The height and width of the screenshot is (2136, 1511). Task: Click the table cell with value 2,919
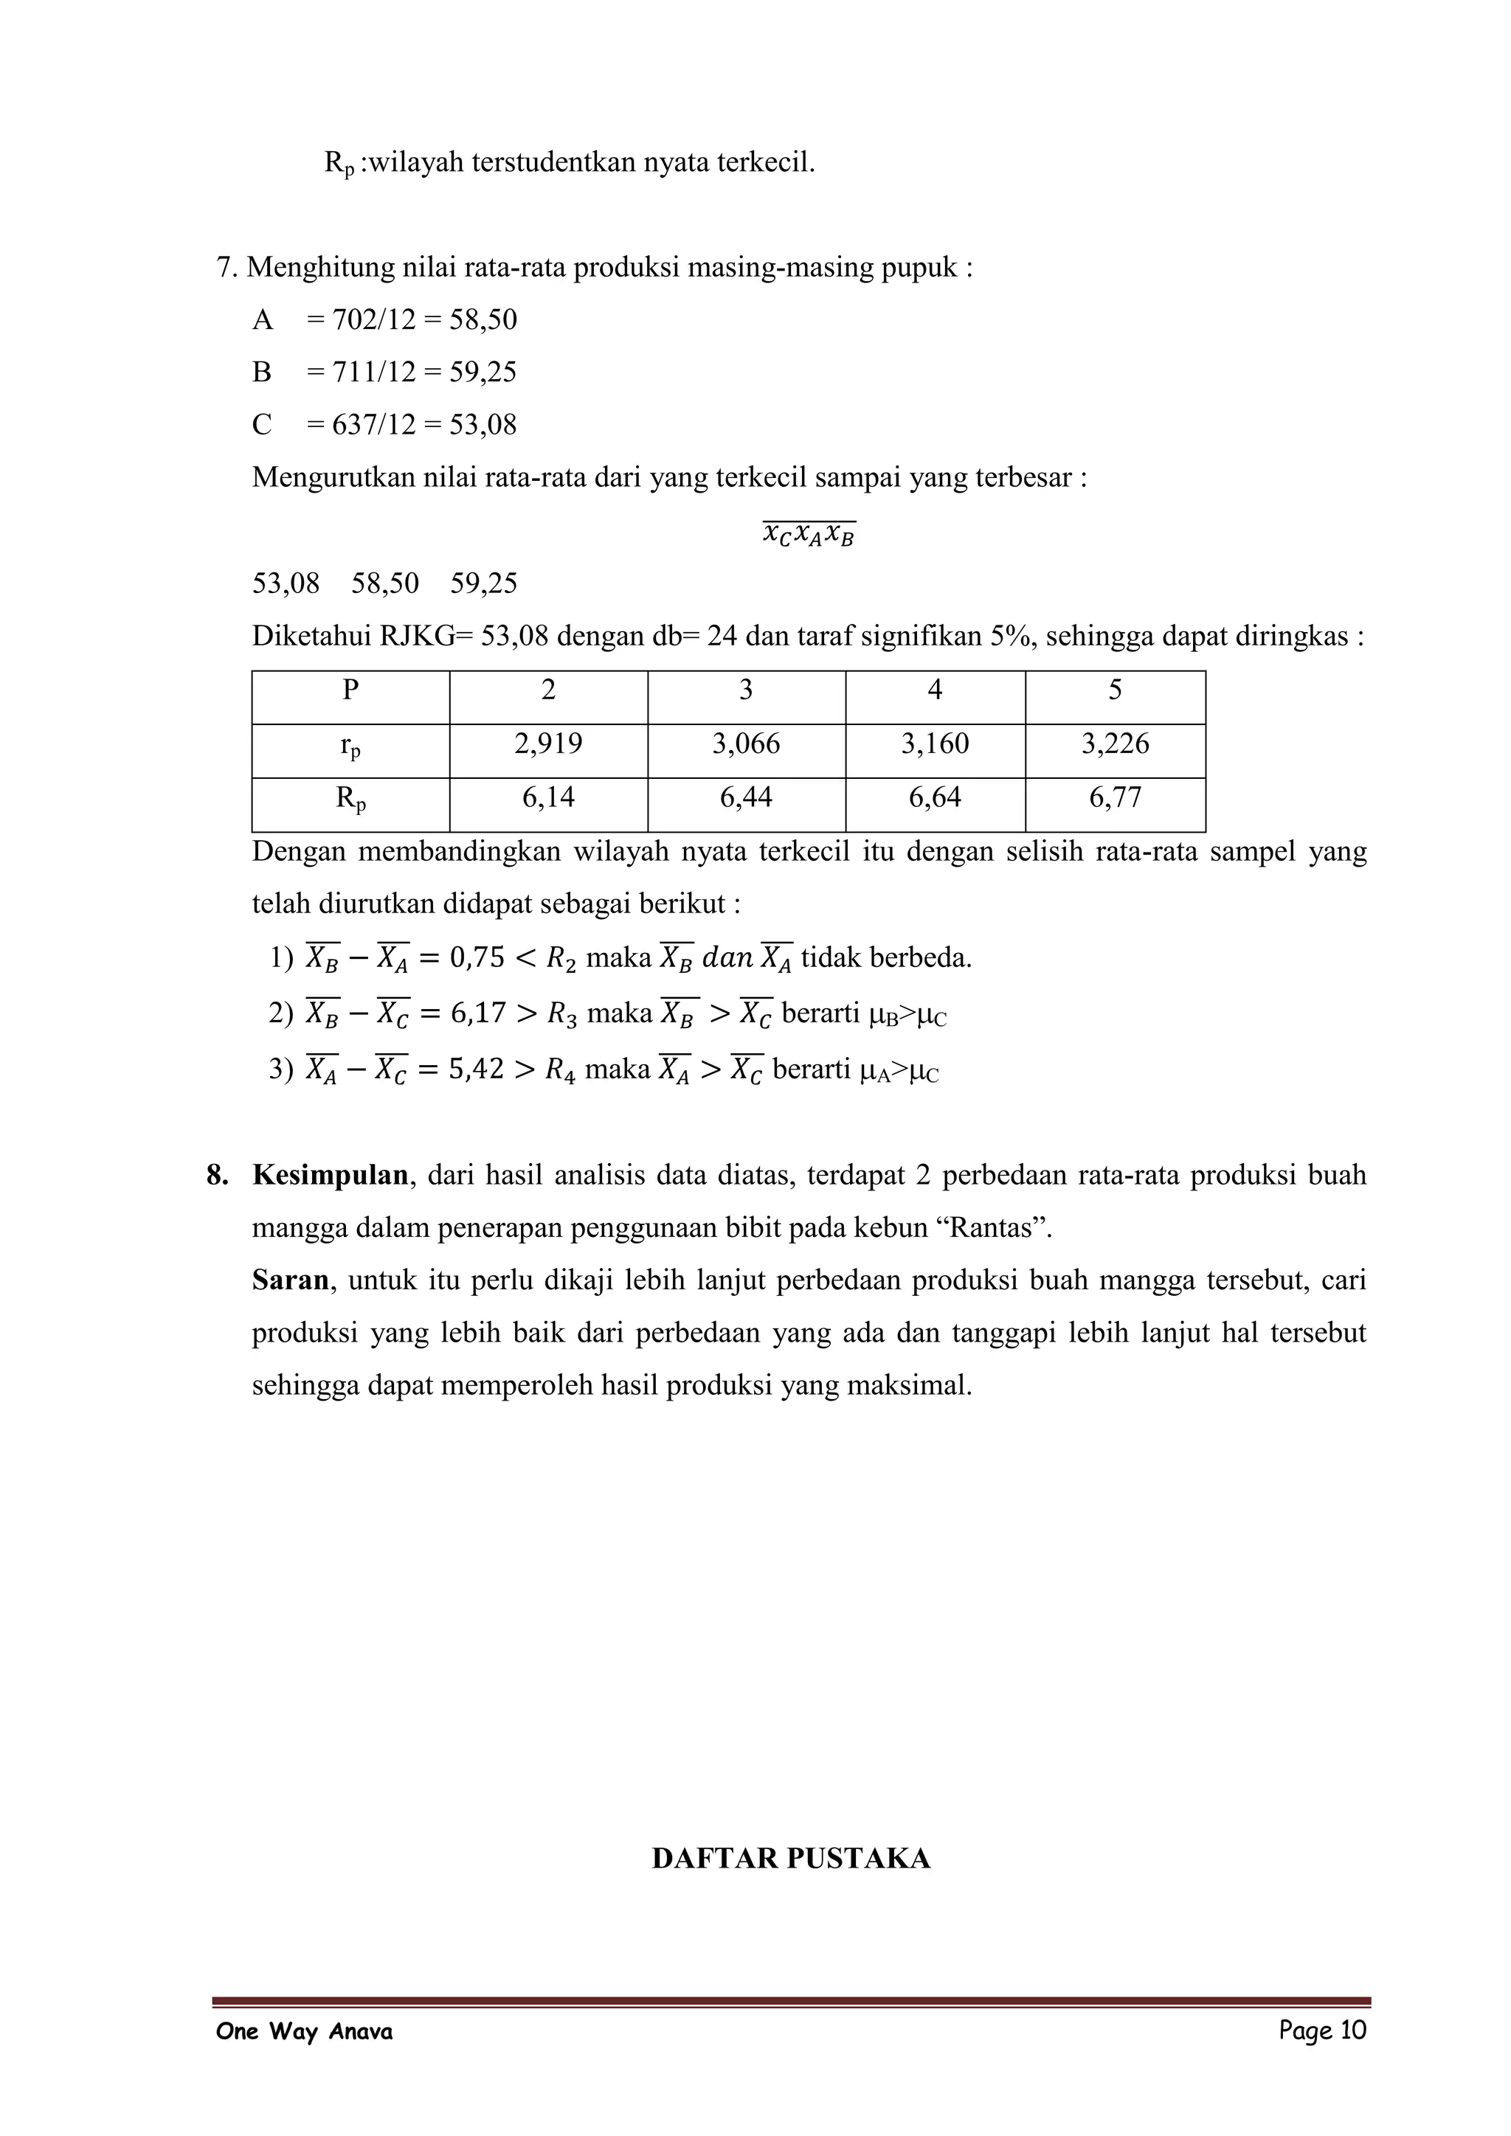[x=548, y=743]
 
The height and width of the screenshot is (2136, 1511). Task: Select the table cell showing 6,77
[x=1115, y=797]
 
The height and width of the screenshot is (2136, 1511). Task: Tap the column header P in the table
[x=350, y=690]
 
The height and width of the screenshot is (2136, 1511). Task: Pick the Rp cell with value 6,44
[x=745, y=797]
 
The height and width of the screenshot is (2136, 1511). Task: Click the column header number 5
[x=1115, y=690]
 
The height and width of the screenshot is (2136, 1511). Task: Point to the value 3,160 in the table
[x=934, y=743]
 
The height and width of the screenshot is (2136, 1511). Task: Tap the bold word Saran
[x=289, y=1280]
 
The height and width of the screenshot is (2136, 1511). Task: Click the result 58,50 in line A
[x=483, y=320]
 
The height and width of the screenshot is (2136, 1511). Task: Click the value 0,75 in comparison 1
[x=477, y=957]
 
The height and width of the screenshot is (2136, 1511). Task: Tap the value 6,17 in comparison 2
[x=477, y=1013]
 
